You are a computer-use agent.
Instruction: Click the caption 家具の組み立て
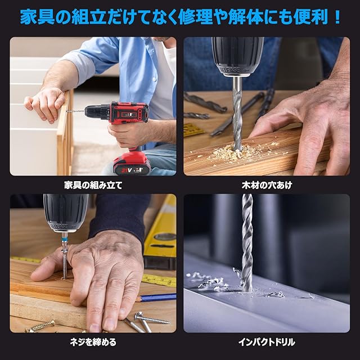(x=93, y=185)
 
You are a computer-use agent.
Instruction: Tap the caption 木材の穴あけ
(x=267, y=185)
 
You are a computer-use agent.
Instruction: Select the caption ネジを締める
(x=93, y=342)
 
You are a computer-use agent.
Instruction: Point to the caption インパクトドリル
(x=267, y=342)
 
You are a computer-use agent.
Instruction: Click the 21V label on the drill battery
(x=127, y=170)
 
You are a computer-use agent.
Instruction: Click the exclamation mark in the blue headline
(x=337, y=17)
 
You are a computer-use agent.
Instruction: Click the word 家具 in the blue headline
(x=38, y=17)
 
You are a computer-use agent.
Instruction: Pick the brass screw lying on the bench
(x=40, y=326)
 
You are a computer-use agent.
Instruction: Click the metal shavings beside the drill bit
(x=209, y=281)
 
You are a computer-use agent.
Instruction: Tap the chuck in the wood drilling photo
(x=237, y=56)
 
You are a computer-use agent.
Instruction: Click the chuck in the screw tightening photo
(x=66, y=213)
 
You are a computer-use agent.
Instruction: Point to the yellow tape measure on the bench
(x=159, y=280)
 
